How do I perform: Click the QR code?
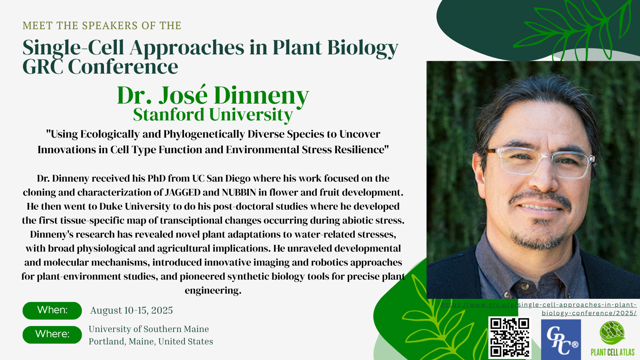point(510,338)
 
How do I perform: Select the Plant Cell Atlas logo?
point(612,338)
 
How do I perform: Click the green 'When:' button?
point(52,310)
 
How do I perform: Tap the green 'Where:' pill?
point(52,334)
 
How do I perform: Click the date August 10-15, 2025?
point(132,310)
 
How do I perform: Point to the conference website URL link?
point(539,309)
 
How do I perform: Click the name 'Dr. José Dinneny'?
point(213,96)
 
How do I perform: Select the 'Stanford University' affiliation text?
point(213,115)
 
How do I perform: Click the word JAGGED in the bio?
point(182,192)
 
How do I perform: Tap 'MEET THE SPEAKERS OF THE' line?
point(102,26)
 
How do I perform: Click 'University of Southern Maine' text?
point(149,329)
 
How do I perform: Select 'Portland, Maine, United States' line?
point(151,342)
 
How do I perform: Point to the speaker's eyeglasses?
point(539,162)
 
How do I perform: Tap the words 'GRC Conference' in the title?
point(100,66)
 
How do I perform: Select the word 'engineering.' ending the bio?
point(213,290)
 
